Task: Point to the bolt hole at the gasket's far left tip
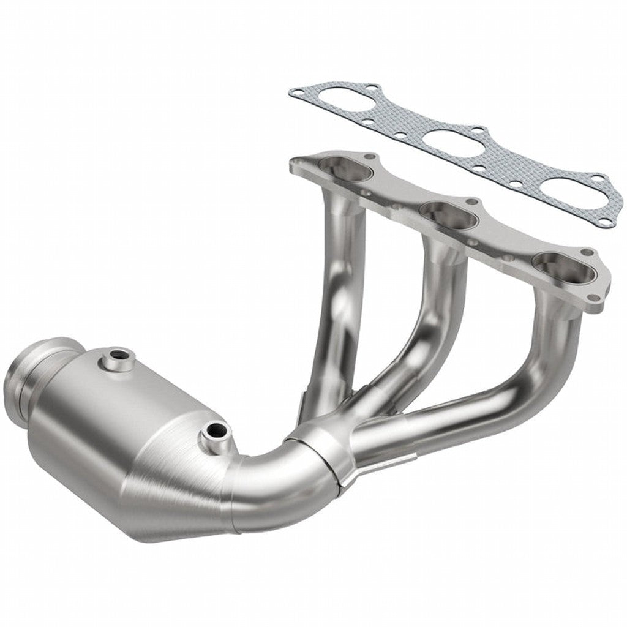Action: pos(298,93)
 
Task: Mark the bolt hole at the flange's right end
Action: pos(589,298)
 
